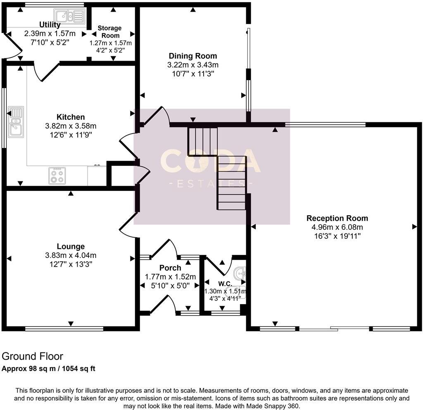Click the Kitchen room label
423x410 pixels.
(x=71, y=117)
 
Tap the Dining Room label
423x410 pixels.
(x=192, y=56)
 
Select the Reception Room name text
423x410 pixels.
(x=337, y=218)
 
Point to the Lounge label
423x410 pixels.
(x=71, y=246)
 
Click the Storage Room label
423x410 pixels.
(x=109, y=32)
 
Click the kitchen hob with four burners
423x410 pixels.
(x=57, y=176)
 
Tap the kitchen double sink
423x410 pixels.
(x=15, y=121)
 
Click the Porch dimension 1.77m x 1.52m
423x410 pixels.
(x=170, y=277)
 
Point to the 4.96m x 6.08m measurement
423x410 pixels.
(x=337, y=227)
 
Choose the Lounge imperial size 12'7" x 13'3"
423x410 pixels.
(x=71, y=264)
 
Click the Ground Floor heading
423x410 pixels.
(x=33, y=356)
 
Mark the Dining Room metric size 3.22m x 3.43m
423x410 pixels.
(x=192, y=65)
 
